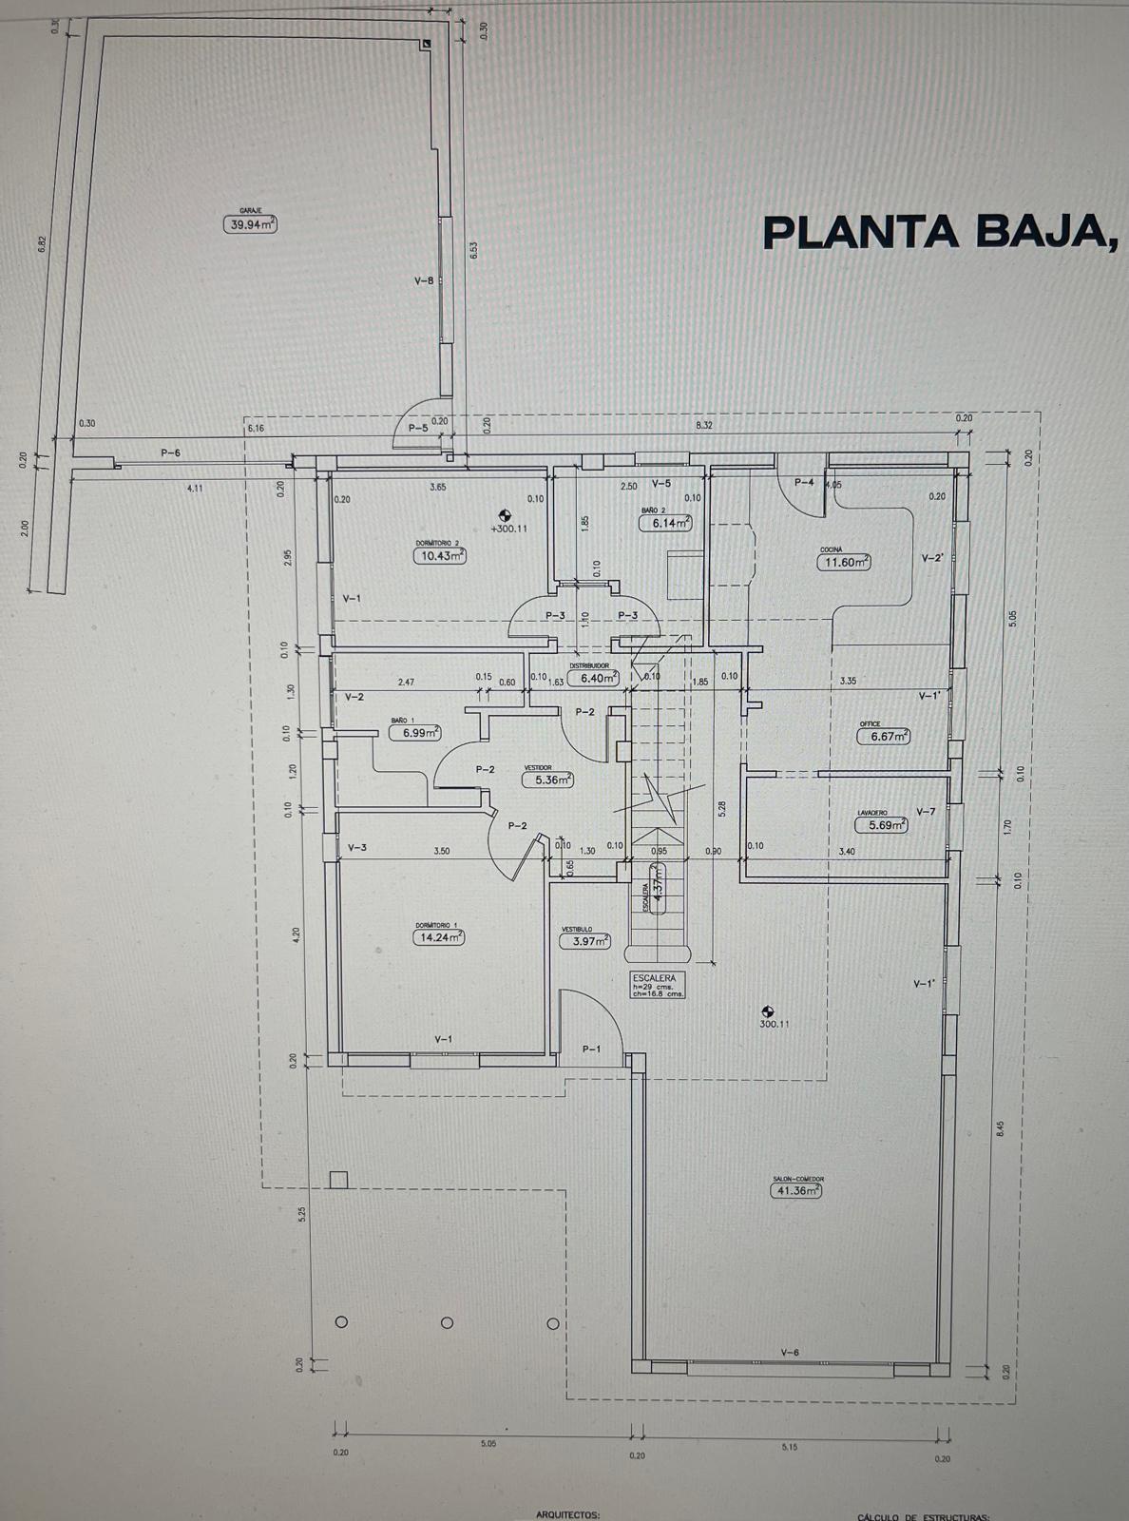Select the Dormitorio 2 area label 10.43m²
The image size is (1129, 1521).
coord(439,555)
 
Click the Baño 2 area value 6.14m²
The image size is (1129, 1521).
coord(664,523)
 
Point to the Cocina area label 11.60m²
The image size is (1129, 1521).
coord(845,562)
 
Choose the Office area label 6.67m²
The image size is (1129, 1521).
coord(884,736)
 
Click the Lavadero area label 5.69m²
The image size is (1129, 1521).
coord(881,825)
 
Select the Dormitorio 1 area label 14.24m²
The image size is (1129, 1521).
coord(438,936)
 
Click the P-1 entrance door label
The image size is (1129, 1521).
coord(591,1049)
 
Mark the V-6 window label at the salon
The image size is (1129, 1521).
coord(790,1353)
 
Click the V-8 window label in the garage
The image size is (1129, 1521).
coord(424,280)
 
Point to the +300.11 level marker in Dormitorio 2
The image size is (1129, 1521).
coord(508,528)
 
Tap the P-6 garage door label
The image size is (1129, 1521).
coord(170,453)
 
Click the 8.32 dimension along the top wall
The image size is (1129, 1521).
coord(704,425)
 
